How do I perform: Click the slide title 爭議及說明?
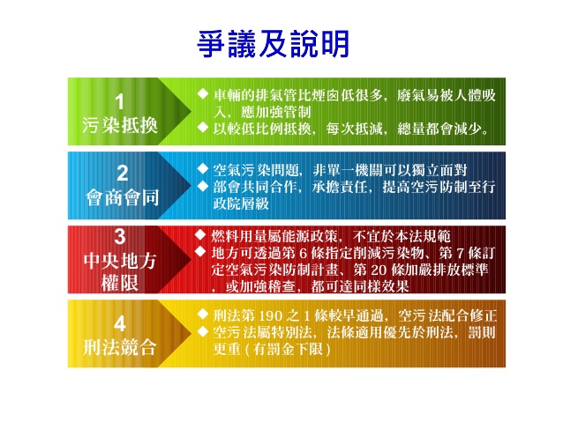tap(274, 44)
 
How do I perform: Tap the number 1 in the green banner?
tap(120, 102)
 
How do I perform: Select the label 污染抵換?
tap(120, 125)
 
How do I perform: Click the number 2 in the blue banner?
tap(122, 174)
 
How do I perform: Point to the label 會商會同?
tap(122, 197)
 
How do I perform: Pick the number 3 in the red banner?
tap(120, 237)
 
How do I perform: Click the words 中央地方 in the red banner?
tap(120, 261)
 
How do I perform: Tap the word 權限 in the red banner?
tap(120, 284)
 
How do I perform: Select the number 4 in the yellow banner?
tap(120, 323)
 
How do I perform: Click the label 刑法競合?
tap(120, 347)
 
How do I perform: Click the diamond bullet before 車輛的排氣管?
tap(203, 94)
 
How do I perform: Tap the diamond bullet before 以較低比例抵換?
tap(203, 127)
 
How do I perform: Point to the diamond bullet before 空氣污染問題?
tap(203, 168)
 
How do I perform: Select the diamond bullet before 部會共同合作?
tap(203, 185)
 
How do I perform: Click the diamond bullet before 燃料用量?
tap(200, 235)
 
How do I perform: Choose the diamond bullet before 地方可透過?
tap(200, 251)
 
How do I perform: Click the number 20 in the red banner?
tap(378, 270)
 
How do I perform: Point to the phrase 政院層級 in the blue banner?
tap(241, 204)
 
